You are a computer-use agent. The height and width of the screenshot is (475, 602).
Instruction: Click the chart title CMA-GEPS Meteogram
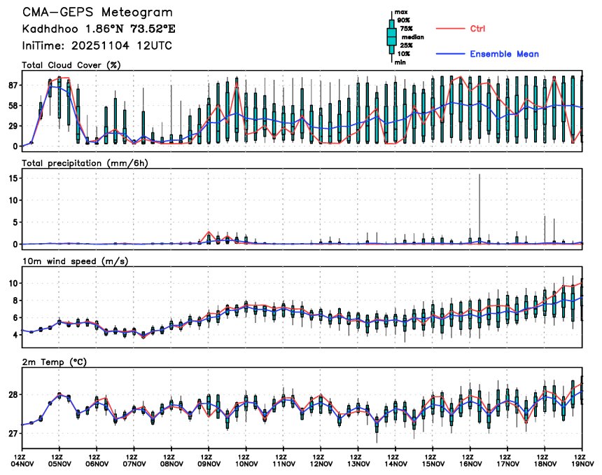click(97, 13)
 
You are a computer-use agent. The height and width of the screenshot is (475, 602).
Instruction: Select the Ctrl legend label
click(477, 29)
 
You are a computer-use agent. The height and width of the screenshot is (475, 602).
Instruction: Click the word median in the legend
click(412, 36)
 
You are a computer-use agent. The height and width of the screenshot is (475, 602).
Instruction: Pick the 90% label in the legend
click(404, 20)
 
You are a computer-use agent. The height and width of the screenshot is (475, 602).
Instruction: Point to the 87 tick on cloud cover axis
click(12, 85)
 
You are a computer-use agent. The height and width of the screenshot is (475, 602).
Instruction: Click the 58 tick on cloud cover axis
click(12, 106)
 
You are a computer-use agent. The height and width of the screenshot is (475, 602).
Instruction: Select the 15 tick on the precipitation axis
click(13, 178)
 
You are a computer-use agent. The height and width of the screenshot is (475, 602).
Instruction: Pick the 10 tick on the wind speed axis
click(13, 283)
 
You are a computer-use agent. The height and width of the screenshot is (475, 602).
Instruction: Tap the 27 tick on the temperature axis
click(13, 434)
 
